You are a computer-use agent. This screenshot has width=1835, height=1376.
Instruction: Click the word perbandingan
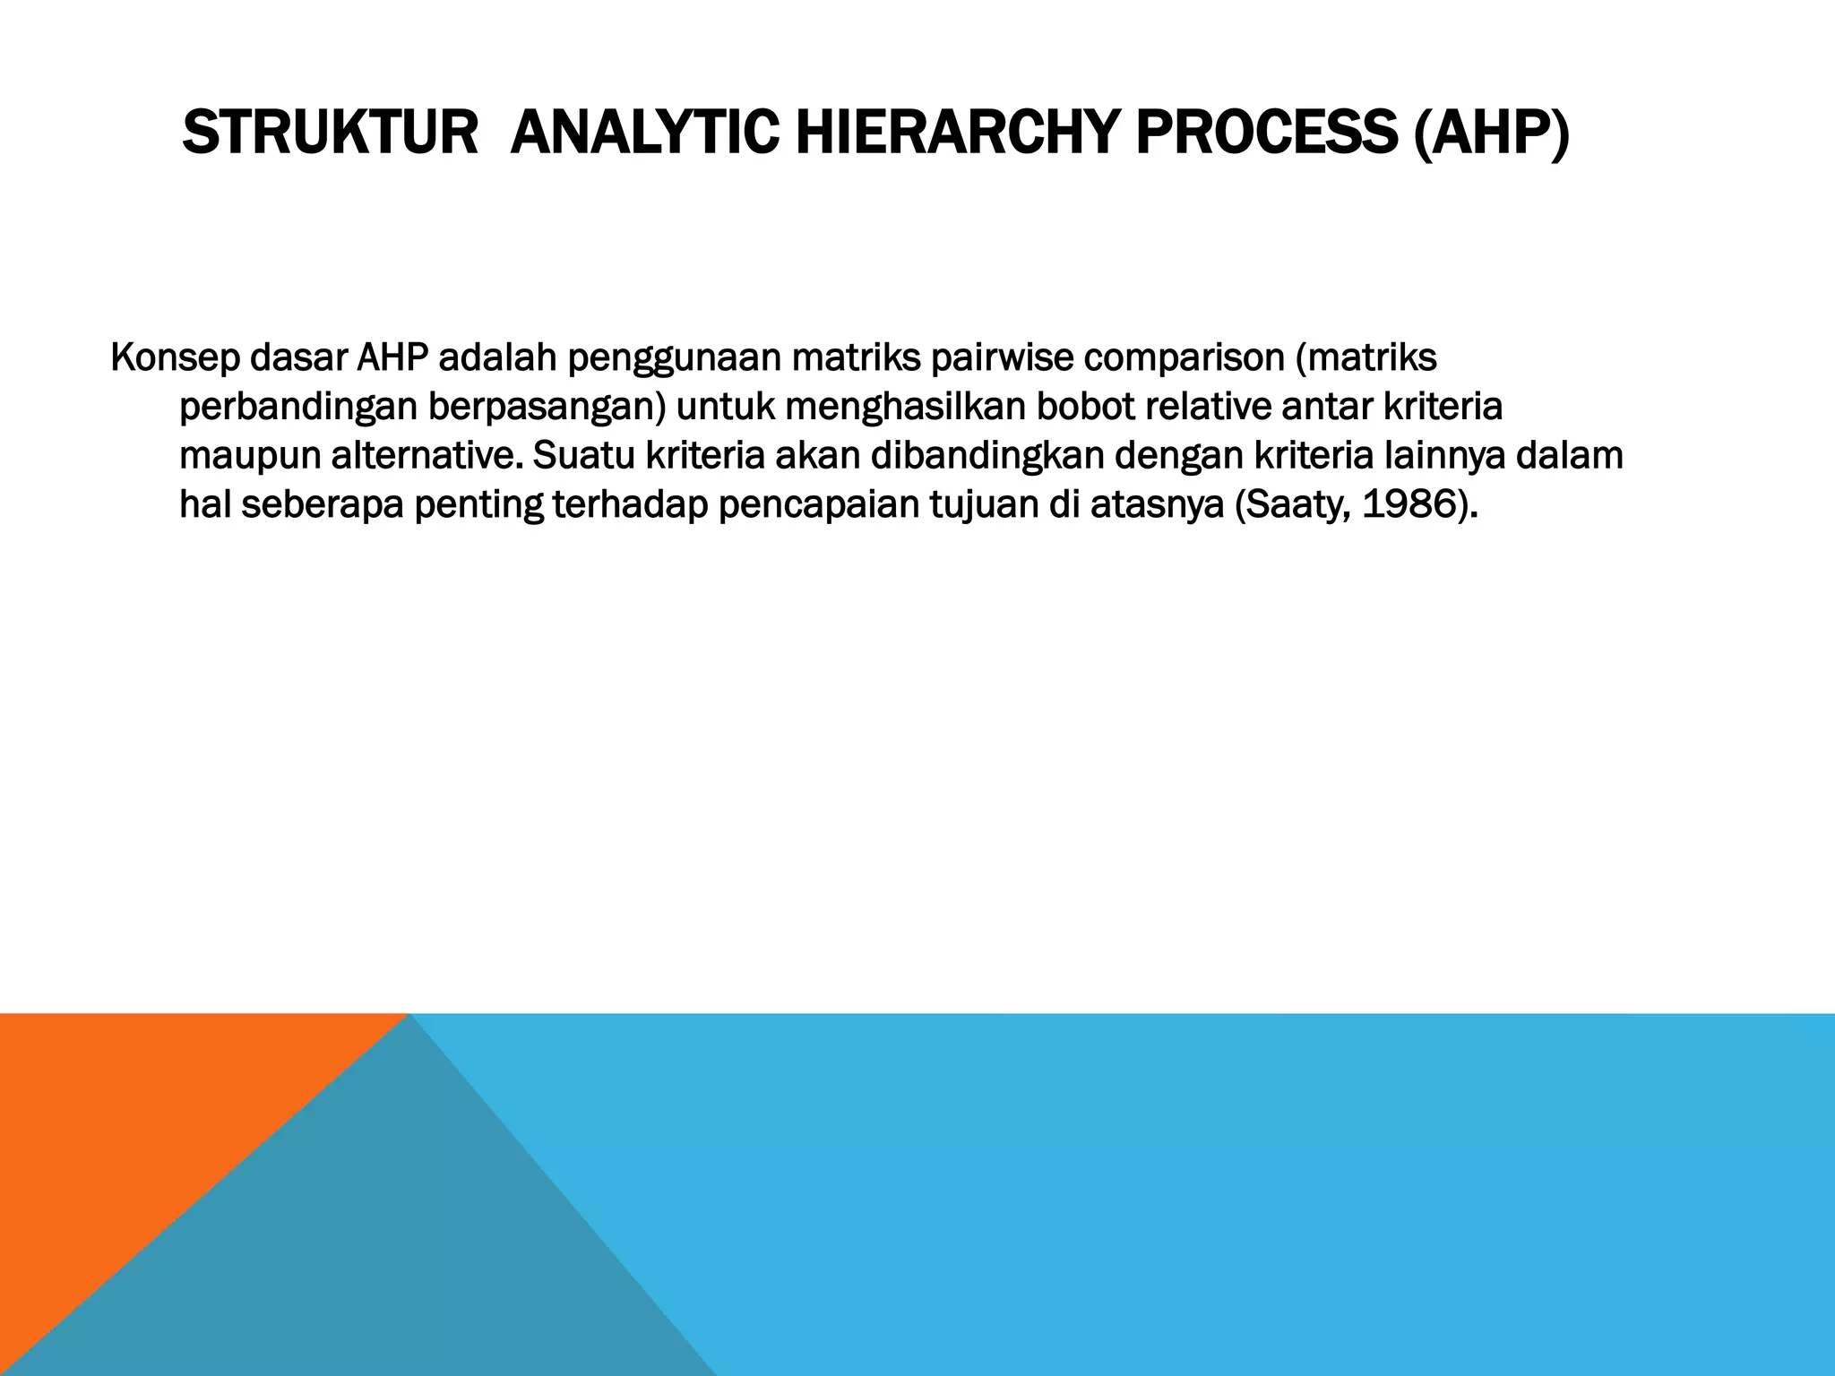tap(297, 408)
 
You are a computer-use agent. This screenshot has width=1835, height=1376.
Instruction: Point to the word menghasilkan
tap(906, 408)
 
